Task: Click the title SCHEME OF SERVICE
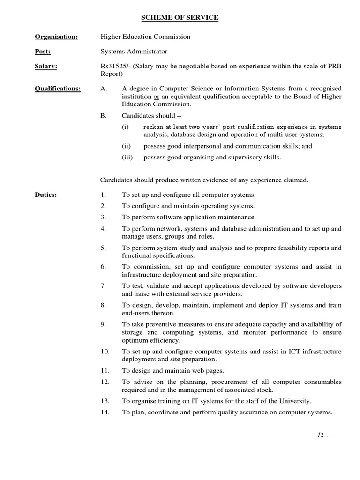(180, 17)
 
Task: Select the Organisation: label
(56, 37)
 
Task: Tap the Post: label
(43, 52)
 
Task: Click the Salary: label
(46, 66)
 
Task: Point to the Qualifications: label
(58, 88)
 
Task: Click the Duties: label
(46, 195)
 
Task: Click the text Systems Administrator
(134, 52)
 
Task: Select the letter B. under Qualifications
(104, 115)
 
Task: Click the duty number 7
(103, 286)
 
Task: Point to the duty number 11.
(105, 370)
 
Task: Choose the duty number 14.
(105, 412)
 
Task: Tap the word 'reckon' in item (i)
(154, 127)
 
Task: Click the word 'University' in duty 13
(295, 401)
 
